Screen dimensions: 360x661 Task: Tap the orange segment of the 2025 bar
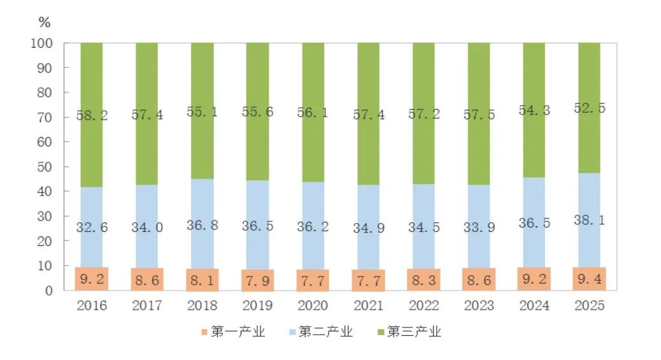click(x=589, y=279)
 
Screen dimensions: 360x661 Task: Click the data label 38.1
click(x=589, y=220)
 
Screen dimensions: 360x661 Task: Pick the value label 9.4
click(x=589, y=278)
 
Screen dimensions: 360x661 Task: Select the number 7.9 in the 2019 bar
click(x=257, y=280)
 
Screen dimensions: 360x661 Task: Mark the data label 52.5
click(x=589, y=108)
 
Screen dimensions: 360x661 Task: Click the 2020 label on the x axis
click(x=313, y=306)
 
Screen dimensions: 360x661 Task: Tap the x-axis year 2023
click(x=479, y=306)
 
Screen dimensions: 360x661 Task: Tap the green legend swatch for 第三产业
click(x=381, y=332)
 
